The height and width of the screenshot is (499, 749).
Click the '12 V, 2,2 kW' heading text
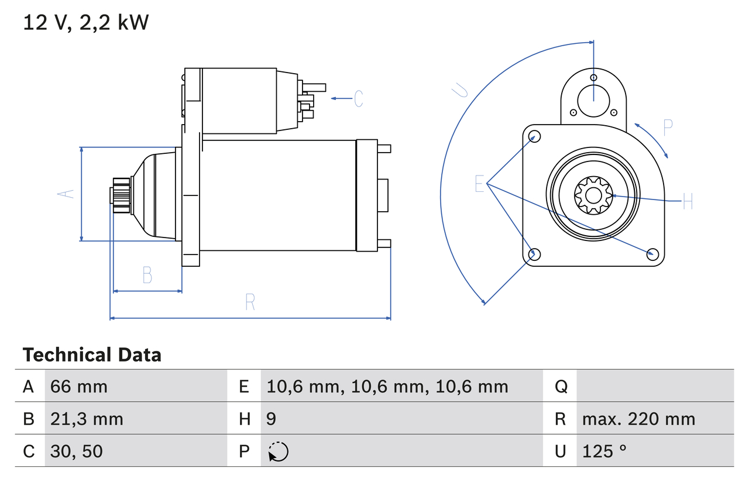point(86,22)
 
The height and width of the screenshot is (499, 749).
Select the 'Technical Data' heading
point(92,355)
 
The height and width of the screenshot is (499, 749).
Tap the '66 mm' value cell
point(79,386)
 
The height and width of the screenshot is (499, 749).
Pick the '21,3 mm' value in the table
point(87,419)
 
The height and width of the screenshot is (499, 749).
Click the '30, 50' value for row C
point(77,451)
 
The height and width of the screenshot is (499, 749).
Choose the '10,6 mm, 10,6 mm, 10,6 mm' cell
point(387,386)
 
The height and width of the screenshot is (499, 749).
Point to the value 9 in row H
point(271,419)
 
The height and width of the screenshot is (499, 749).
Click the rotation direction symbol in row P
point(278,452)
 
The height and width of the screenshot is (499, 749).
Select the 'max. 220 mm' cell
point(638,419)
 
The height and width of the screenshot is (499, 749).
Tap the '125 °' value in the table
point(604,451)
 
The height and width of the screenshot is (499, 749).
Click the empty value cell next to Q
point(654,386)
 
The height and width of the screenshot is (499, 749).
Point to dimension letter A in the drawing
point(68,194)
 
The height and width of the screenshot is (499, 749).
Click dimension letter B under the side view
point(147,274)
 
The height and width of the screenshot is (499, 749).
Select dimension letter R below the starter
point(250,302)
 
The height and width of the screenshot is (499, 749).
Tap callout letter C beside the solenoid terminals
point(358,98)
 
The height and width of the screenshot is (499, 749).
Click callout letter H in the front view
point(688,202)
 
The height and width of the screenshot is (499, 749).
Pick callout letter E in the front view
point(479,184)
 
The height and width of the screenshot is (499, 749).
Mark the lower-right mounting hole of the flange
point(653,253)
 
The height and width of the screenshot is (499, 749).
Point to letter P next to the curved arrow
point(668,127)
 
